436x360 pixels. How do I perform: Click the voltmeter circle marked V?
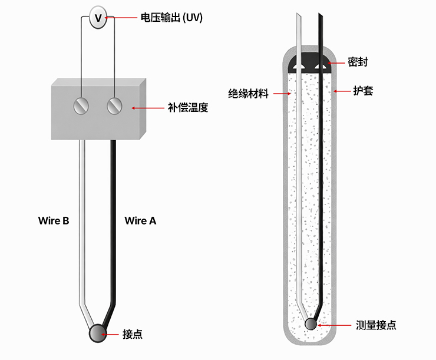pyautogui.click(x=98, y=19)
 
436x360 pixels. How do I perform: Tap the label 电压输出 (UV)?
pyautogui.click(x=171, y=18)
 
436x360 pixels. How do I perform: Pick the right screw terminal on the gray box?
pyautogui.click(x=114, y=106)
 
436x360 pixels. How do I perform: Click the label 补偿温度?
pyautogui.click(x=188, y=108)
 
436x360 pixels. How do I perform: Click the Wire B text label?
pyautogui.click(x=54, y=221)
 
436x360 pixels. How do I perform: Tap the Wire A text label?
pyautogui.click(x=140, y=221)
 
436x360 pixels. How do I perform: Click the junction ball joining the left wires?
pyautogui.click(x=96, y=333)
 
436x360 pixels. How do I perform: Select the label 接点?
pyautogui.click(x=133, y=334)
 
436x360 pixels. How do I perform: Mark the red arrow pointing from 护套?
pyautogui.click(x=341, y=91)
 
